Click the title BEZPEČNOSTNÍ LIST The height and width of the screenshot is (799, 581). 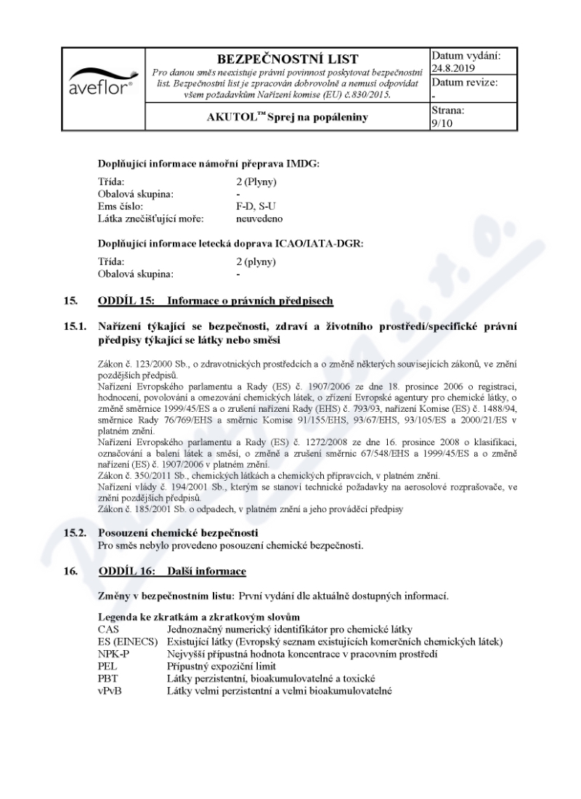pyautogui.click(x=288, y=59)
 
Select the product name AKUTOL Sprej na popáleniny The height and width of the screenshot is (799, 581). pyautogui.click(x=288, y=118)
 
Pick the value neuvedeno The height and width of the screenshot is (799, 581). pyautogui.click(x=259, y=217)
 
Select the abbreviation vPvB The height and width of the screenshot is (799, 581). pyautogui.click(x=110, y=690)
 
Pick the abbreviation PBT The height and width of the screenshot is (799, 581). pyautogui.click(x=108, y=678)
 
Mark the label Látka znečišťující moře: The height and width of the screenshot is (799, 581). pyautogui.click(x=151, y=217)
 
